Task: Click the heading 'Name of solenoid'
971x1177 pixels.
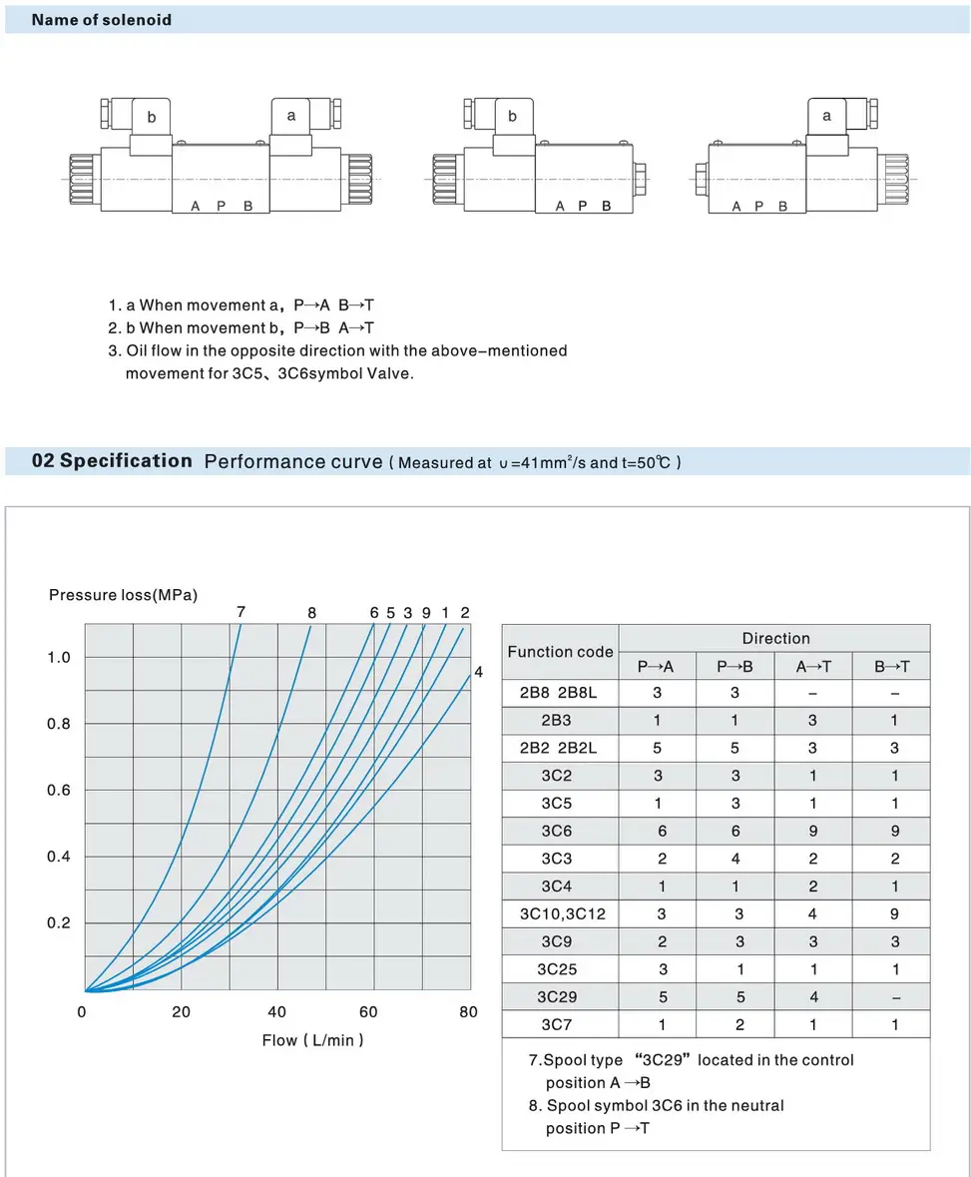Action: pos(101,20)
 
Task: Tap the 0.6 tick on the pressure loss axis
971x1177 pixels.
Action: pos(60,790)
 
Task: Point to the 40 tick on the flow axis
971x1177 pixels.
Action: pos(277,1012)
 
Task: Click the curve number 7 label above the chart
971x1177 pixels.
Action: pos(241,611)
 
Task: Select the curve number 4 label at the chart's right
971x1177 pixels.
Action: pos(478,672)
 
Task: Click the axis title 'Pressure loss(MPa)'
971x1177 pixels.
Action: pos(123,595)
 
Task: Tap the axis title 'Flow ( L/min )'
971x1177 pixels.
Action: pos(312,1040)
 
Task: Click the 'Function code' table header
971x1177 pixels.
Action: pos(560,652)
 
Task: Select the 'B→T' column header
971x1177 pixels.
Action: pos(891,667)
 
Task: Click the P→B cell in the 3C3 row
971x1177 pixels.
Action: pos(734,859)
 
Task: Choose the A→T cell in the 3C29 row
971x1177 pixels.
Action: pos(813,996)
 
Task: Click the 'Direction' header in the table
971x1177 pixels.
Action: pos(775,638)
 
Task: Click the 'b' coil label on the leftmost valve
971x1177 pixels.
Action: pos(152,117)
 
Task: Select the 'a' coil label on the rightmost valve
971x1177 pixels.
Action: pos(826,116)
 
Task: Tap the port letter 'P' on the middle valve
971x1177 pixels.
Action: pos(581,206)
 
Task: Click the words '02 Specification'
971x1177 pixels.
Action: pos(112,460)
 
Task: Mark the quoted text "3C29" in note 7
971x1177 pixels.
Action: pos(659,1059)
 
